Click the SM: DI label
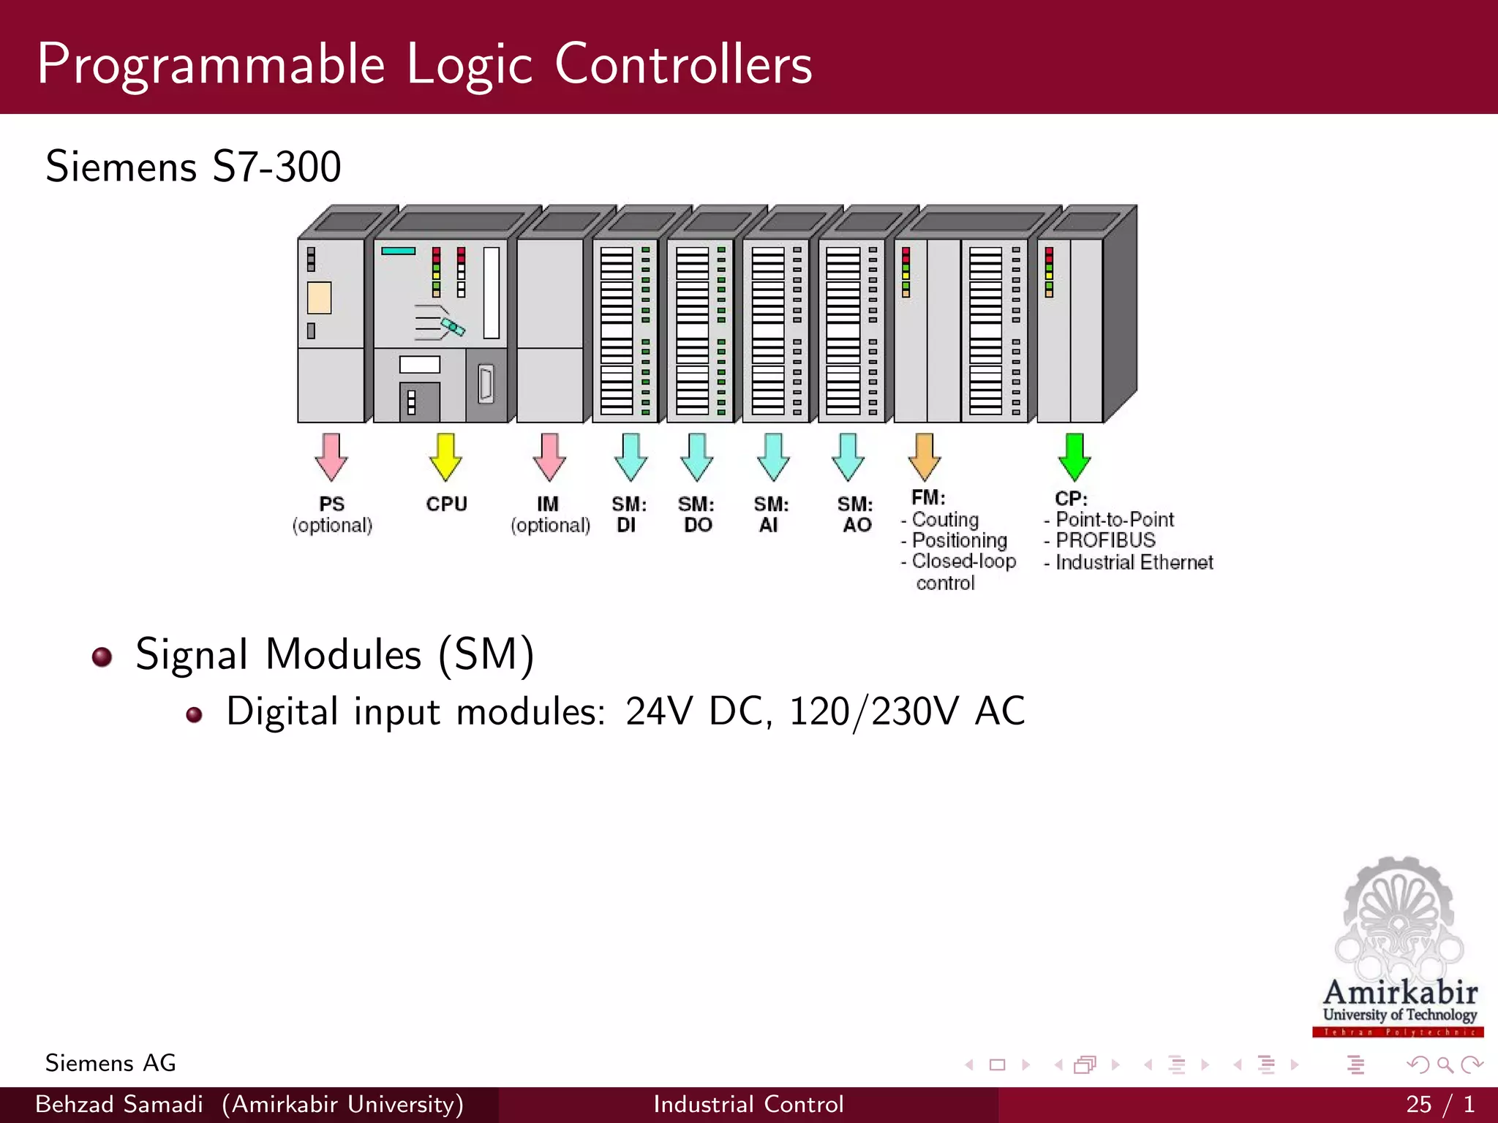click(x=628, y=514)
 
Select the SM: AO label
click(x=856, y=514)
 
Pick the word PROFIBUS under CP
click(x=1105, y=540)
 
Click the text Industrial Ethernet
click(x=1134, y=562)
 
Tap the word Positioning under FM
click(x=960, y=540)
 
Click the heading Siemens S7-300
click(x=193, y=167)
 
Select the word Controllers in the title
click(x=683, y=64)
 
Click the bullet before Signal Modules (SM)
click(x=102, y=657)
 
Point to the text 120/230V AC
click(x=907, y=711)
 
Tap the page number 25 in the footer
click(x=1418, y=1104)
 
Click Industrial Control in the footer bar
click(x=748, y=1104)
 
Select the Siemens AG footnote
click(x=110, y=1063)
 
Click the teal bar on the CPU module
click(x=398, y=251)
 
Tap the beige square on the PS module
click(x=319, y=298)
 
